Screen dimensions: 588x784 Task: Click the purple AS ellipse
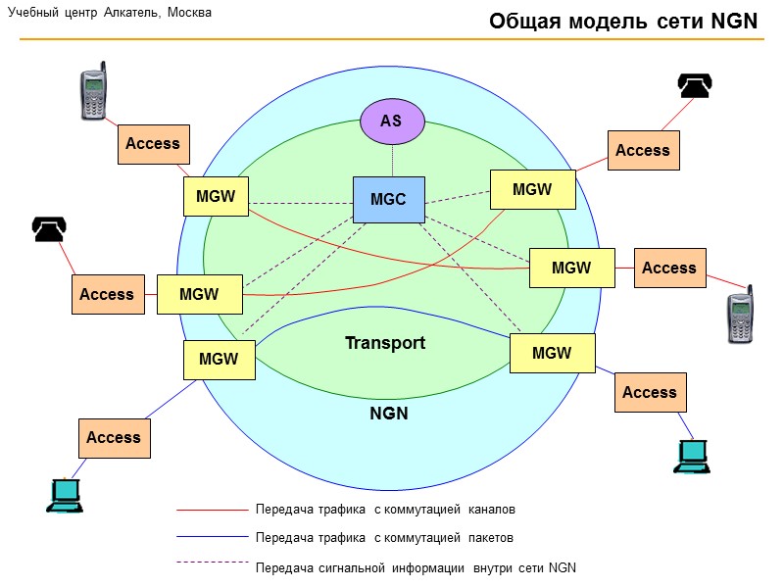coord(392,121)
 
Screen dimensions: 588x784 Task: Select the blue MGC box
coord(388,200)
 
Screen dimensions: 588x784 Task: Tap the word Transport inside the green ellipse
coord(385,343)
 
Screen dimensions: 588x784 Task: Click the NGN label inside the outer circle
coord(389,413)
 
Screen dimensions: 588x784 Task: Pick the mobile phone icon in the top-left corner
coord(93,92)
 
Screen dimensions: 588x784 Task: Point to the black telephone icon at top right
coord(695,86)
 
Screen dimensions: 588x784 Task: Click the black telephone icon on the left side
coord(49,228)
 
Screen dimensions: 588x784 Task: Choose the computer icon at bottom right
coord(691,456)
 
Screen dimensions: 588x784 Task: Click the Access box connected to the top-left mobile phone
coord(153,144)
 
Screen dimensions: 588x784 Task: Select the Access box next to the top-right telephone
coord(643,150)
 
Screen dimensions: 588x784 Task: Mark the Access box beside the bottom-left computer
coord(114,437)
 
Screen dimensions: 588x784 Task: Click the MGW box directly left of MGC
coord(216,196)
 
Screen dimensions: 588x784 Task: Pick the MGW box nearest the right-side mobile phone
coord(571,268)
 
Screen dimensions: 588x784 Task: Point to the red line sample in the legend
coord(212,510)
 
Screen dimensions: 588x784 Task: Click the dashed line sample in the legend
coord(212,563)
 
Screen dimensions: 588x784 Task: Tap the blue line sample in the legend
coord(212,537)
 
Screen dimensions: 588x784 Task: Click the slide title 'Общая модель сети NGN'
coord(623,22)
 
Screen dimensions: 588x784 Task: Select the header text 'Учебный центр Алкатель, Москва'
coord(110,13)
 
